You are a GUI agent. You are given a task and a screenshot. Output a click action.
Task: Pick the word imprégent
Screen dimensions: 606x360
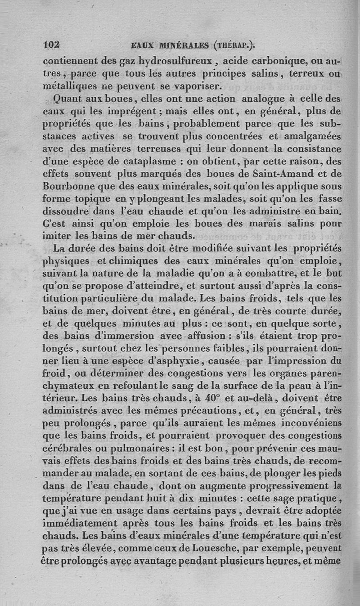tap(125, 111)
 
